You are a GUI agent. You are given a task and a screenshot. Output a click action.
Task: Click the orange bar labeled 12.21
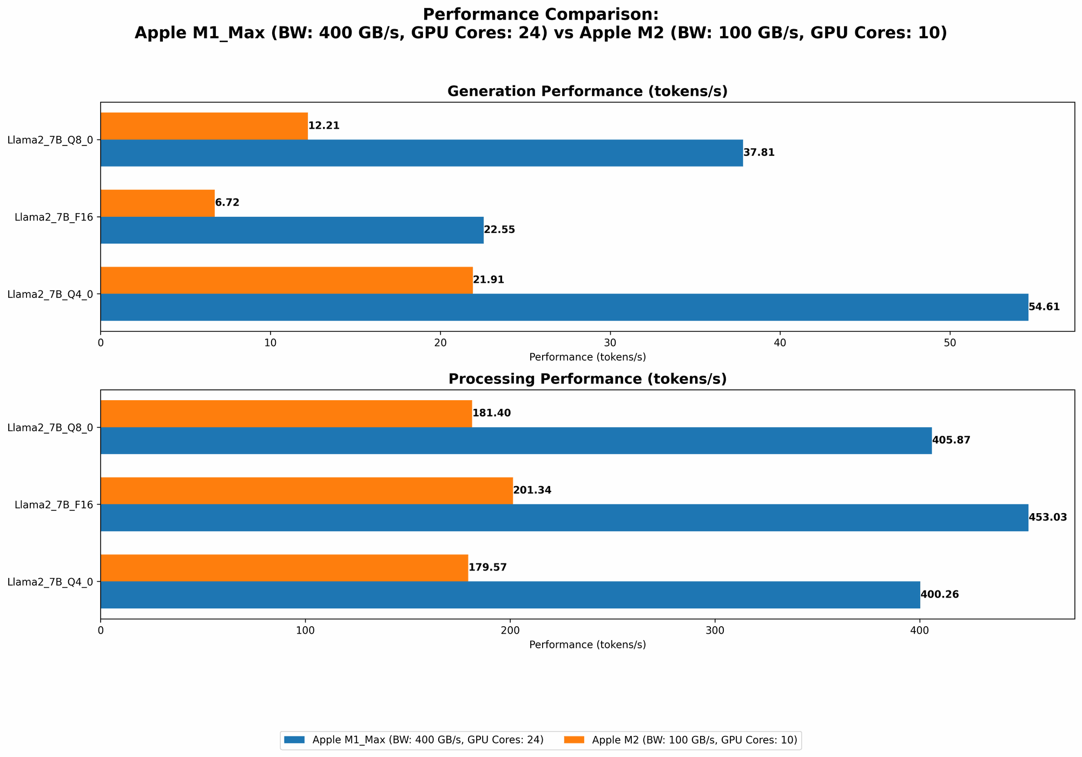[x=204, y=126]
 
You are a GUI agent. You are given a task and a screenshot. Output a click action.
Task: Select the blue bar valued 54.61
[x=564, y=307]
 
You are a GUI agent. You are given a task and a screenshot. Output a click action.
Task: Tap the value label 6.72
[x=227, y=203]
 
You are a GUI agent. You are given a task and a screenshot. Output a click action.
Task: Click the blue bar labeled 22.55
[x=292, y=230]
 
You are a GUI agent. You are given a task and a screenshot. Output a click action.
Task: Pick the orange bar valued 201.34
[x=306, y=490]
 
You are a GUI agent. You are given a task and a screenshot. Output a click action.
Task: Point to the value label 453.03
[x=1048, y=517]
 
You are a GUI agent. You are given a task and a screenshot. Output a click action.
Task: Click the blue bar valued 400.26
[x=510, y=595]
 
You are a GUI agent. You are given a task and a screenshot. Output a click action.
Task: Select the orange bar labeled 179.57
[x=284, y=568]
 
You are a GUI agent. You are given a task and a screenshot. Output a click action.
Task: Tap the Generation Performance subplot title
[x=587, y=91]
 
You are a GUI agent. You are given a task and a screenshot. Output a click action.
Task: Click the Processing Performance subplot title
[x=587, y=379]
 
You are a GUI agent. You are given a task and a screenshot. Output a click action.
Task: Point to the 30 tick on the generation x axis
[x=610, y=343]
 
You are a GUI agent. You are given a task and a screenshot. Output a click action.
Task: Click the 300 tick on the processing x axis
[x=715, y=630]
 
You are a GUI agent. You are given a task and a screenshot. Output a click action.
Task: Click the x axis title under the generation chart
[x=587, y=357]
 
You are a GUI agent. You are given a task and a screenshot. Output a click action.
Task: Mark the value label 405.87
[x=951, y=441]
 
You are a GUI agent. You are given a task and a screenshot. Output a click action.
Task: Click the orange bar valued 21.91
[x=286, y=280]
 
